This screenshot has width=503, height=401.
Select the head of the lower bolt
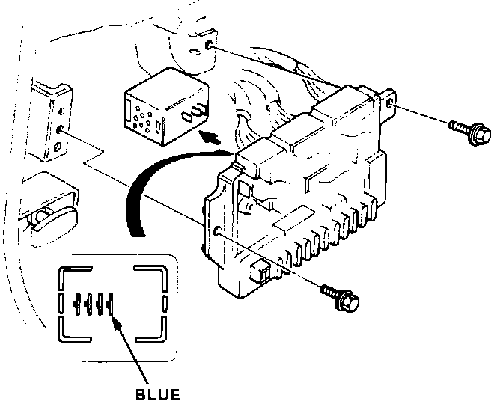pyautogui.click(x=349, y=302)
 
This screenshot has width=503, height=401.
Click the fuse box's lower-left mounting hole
pyautogui.click(x=217, y=230)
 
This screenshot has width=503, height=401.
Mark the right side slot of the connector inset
pyautogui.click(x=165, y=304)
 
